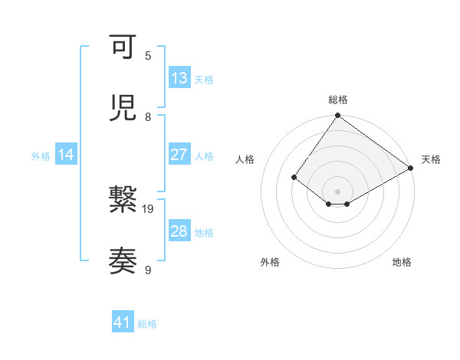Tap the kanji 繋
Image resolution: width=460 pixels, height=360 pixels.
coord(123,201)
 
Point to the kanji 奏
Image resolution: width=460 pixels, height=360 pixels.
coord(123,261)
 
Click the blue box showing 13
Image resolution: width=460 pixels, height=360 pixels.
coord(179,78)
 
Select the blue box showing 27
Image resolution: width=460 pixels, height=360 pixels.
coord(179,155)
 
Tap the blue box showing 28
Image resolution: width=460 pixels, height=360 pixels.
coord(179,231)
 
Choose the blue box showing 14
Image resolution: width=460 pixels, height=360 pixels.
coord(66,155)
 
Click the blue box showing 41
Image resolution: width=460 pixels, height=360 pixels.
coord(123,322)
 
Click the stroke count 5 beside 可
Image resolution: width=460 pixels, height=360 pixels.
coord(148,56)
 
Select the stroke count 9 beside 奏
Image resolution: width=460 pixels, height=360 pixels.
coord(148,270)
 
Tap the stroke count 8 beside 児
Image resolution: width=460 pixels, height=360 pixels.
coord(148,116)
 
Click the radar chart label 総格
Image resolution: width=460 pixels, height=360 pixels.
coord(337,100)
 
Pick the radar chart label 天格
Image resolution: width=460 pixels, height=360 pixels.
coord(431,159)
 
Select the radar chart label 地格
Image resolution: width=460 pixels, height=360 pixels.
coord(402,263)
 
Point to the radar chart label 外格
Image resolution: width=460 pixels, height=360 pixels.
coord(270,263)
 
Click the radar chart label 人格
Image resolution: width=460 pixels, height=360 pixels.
coord(245,159)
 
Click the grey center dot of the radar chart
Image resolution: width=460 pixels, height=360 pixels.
coord(337,191)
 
